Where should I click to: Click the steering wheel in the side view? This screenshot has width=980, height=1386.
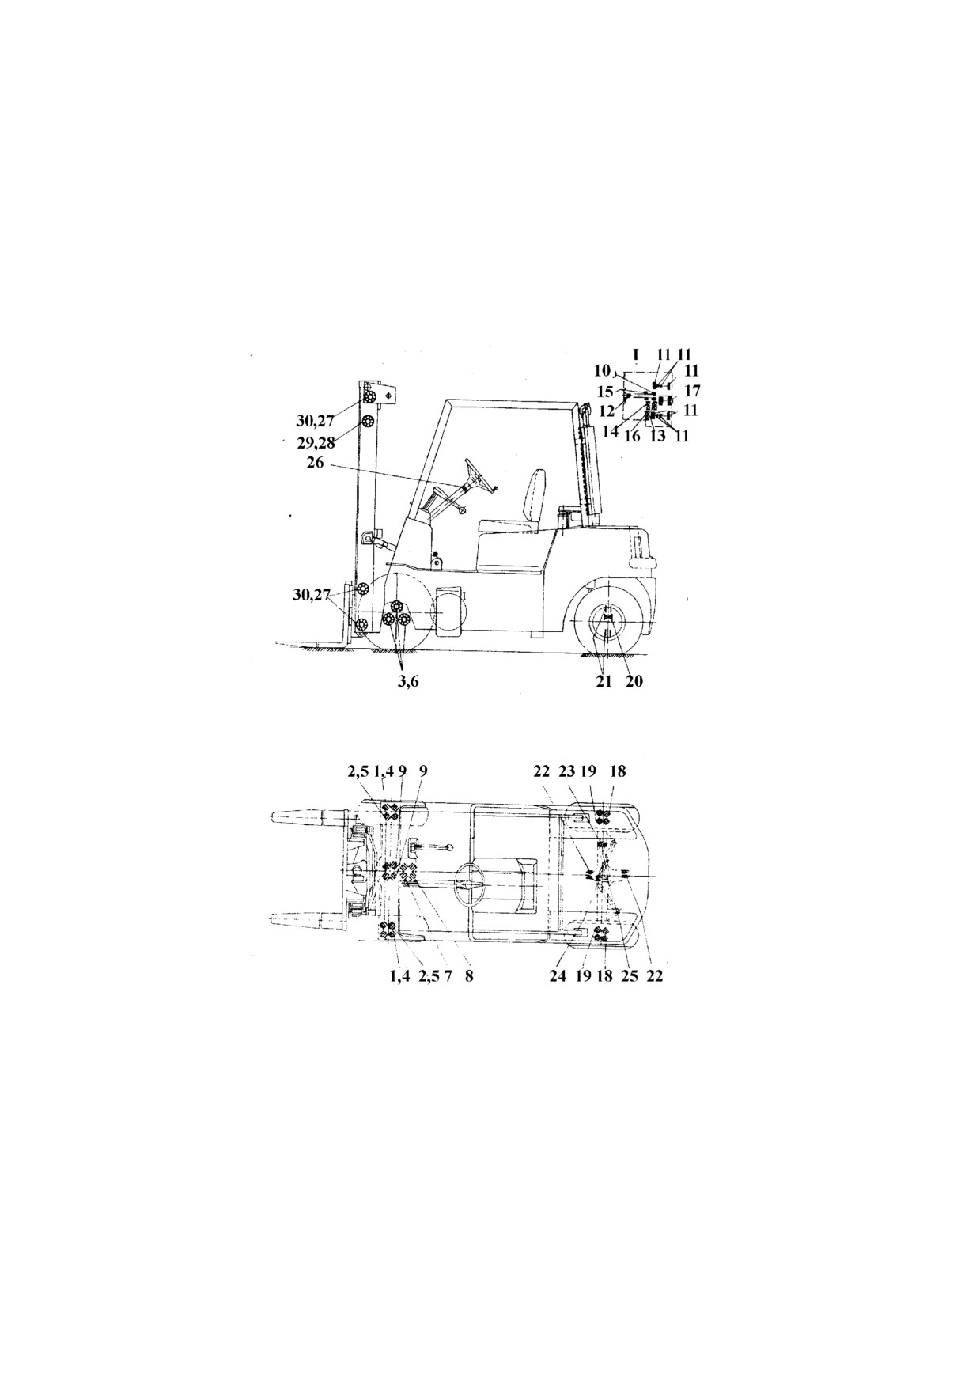[479, 474]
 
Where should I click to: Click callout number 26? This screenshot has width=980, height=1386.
[315, 463]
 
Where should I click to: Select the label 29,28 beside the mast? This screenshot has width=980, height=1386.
[316, 443]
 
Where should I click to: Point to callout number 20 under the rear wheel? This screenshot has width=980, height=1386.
[634, 680]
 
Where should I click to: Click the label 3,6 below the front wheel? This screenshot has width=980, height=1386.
[407, 681]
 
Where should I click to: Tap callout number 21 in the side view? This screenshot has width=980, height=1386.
[604, 680]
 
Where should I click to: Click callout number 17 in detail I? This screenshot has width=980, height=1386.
[692, 391]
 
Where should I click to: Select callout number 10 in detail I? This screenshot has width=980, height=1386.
[603, 370]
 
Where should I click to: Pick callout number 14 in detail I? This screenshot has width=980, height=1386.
[610, 432]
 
